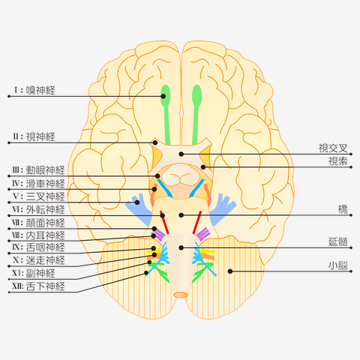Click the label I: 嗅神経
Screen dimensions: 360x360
point(34,90)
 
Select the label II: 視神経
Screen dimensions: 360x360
point(34,136)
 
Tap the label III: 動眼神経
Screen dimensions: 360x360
point(38,170)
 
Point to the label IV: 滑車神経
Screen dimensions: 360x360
point(38,184)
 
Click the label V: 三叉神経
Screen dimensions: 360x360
point(39,196)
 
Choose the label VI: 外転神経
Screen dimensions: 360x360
point(38,209)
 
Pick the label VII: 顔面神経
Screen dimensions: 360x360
point(38,223)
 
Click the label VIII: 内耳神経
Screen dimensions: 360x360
point(38,235)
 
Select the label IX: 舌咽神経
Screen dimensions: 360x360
point(38,247)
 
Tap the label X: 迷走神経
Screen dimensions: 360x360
point(39,260)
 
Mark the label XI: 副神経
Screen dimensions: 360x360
point(34,273)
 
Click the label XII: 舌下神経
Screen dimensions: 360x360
point(38,286)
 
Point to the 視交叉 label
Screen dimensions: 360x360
point(333,148)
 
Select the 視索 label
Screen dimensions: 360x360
point(338,161)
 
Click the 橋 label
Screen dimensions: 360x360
point(343,209)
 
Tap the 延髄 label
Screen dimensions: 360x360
point(338,242)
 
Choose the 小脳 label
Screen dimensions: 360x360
point(338,265)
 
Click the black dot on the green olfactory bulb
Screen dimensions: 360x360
point(163,96)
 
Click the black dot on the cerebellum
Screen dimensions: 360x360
point(230,271)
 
